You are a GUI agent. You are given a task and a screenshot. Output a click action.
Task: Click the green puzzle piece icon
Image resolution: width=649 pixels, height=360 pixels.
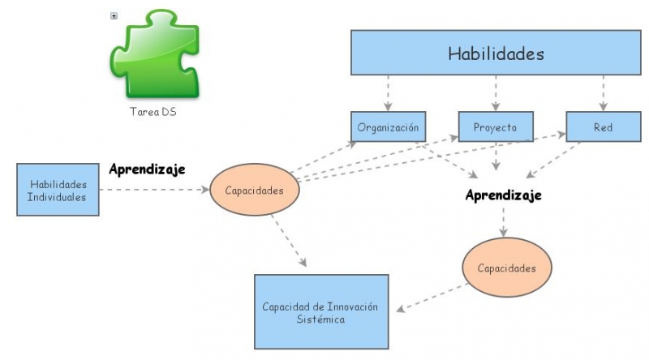153,54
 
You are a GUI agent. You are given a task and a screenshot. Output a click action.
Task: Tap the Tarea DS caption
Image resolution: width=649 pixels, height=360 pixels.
153,112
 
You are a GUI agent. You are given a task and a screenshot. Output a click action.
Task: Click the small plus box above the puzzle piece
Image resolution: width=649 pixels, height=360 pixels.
114,15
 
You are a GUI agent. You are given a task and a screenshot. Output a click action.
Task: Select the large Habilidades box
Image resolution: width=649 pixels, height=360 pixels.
496,54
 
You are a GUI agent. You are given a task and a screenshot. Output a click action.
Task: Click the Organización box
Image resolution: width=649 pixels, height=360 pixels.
388,127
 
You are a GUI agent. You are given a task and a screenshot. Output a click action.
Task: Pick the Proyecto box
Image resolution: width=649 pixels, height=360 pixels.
496,127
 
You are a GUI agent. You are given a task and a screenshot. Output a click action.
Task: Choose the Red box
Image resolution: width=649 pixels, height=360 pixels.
603,127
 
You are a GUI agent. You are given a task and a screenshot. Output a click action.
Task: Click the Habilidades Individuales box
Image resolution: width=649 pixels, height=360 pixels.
58,190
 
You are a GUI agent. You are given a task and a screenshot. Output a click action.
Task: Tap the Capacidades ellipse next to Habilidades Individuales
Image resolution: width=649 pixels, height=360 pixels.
255,191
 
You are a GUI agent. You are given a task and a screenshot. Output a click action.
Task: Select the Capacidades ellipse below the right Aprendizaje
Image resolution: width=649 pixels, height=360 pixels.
506,268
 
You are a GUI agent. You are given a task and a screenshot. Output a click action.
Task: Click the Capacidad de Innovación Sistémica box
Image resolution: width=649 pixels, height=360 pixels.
320,312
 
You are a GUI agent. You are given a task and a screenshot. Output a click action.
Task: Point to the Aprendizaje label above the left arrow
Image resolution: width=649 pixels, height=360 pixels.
147,169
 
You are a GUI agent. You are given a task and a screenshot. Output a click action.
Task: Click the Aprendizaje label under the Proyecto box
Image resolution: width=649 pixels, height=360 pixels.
503,195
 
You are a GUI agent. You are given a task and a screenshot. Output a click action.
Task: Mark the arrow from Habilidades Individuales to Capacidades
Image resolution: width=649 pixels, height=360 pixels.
154,190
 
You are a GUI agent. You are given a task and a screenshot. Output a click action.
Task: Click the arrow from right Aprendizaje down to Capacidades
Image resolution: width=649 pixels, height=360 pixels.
504,221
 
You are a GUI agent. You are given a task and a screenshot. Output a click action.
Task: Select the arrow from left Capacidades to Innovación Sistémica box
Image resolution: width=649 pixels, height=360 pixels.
289,240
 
